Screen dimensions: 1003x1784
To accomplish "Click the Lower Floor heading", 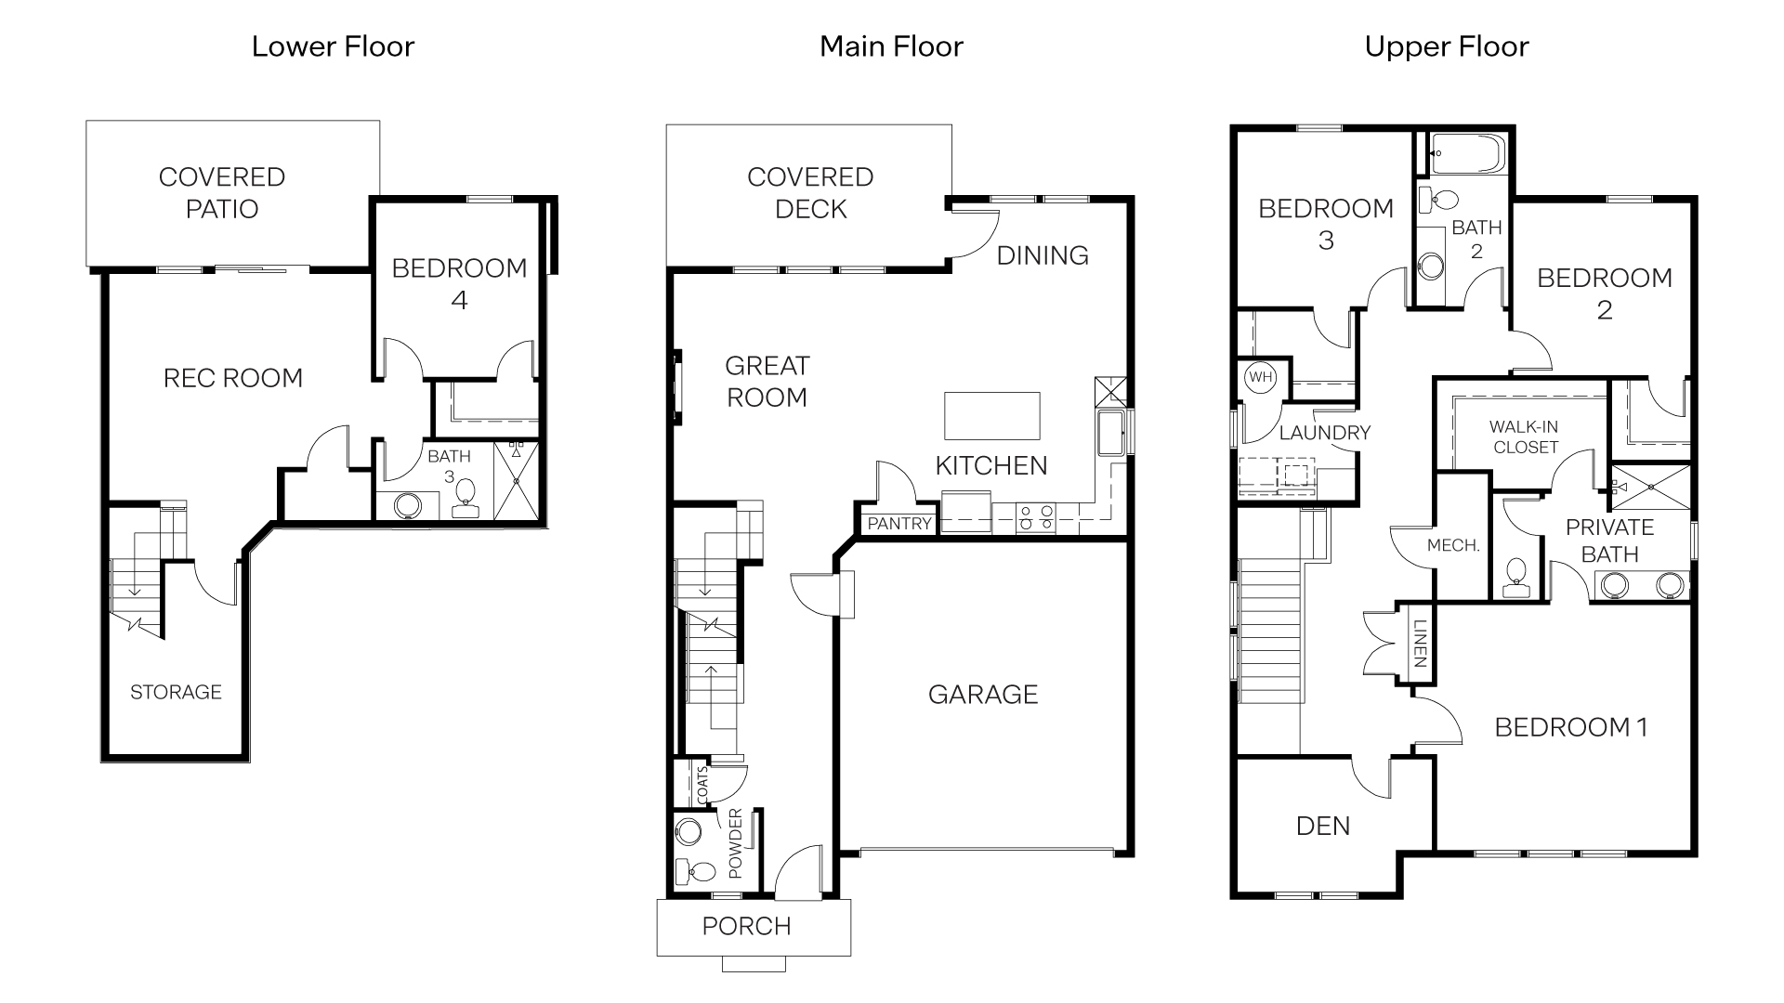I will pyautogui.click(x=333, y=46).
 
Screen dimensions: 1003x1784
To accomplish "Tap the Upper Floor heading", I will pyautogui.click(x=1446, y=46).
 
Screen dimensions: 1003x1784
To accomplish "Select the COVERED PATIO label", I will pyautogui.click(x=221, y=192).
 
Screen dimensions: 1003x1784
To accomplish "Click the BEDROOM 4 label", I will pyautogui.click(x=459, y=283).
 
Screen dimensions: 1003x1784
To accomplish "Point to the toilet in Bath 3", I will pyautogui.click(x=465, y=497).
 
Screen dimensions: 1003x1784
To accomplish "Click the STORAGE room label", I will pyautogui.click(x=176, y=692).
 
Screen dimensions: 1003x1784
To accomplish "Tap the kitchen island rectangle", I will pyautogui.click(x=991, y=415).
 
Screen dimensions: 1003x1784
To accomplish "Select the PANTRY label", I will pyautogui.click(x=899, y=524).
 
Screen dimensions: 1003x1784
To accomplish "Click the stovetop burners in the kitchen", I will pyautogui.click(x=1036, y=517).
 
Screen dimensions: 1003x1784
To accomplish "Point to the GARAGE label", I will pyautogui.click(x=982, y=694).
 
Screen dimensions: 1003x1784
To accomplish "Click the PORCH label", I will pyautogui.click(x=746, y=926).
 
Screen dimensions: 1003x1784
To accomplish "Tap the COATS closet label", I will pyautogui.click(x=702, y=785).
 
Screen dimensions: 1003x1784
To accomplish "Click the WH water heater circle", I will pyautogui.click(x=1259, y=377).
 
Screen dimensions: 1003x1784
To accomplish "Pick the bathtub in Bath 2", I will pyautogui.click(x=1465, y=153).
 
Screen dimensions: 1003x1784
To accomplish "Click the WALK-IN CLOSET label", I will pyautogui.click(x=1524, y=436).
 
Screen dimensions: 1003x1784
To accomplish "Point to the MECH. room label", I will pyautogui.click(x=1452, y=546).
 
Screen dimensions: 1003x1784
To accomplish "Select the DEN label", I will pyautogui.click(x=1322, y=826).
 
